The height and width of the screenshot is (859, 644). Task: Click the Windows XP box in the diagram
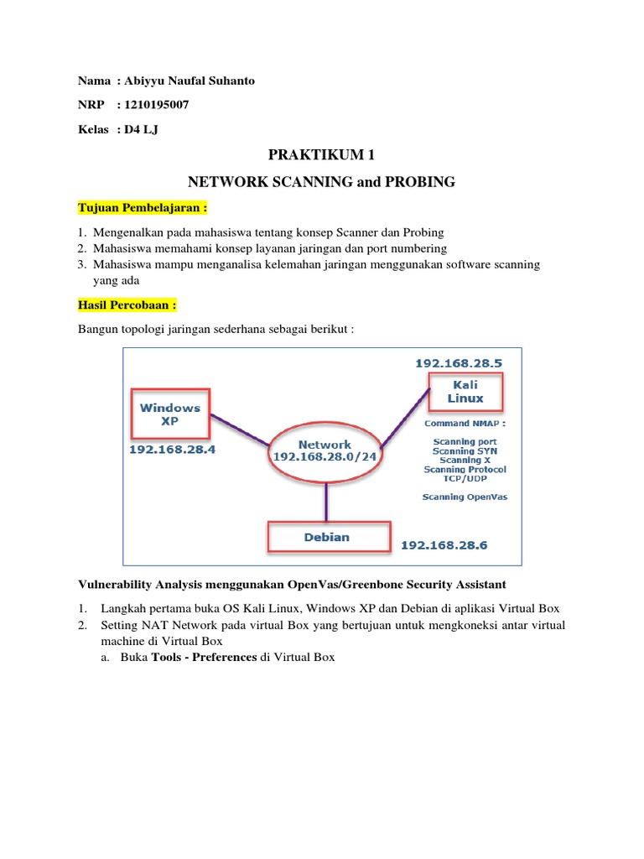tap(170, 414)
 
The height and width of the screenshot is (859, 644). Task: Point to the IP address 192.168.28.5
tap(459, 362)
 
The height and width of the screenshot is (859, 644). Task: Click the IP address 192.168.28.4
tap(172, 450)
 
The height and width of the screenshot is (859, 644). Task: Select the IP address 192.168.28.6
tap(444, 545)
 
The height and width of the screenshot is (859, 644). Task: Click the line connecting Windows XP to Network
tap(240, 429)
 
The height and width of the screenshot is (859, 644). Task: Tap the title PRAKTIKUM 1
tap(321, 155)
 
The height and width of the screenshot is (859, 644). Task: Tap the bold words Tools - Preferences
tap(204, 657)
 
